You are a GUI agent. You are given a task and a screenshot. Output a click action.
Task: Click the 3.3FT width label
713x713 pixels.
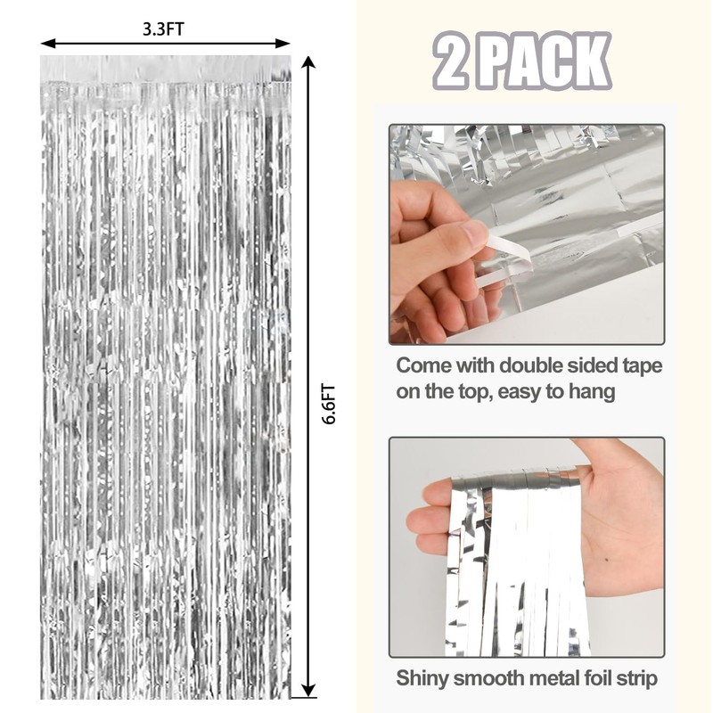[164, 28]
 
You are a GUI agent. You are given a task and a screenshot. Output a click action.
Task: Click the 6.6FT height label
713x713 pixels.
[329, 404]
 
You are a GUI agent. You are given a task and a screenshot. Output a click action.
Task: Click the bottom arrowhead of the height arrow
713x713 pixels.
[308, 689]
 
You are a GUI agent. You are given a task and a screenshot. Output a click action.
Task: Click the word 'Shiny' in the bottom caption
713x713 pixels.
[423, 679]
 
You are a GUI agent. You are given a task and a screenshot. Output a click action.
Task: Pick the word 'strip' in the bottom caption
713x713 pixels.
[635, 679]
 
